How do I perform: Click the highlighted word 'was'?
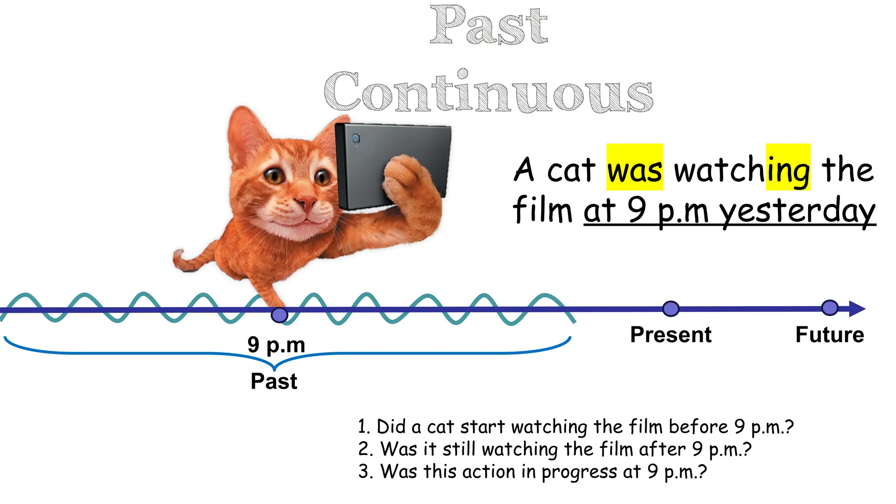pos(634,170)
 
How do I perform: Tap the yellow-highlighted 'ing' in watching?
pos(788,170)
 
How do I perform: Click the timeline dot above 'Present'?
pos(671,309)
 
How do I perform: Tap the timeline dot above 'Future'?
pos(829,308)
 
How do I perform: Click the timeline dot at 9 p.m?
pos(279,315)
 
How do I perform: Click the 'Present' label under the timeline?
pos(671,335)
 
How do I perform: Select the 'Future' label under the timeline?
pos(829,335)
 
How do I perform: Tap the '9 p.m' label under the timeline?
pos(276,345)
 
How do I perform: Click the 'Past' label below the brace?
pos(274,381)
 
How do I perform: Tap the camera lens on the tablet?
pos(356,139)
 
